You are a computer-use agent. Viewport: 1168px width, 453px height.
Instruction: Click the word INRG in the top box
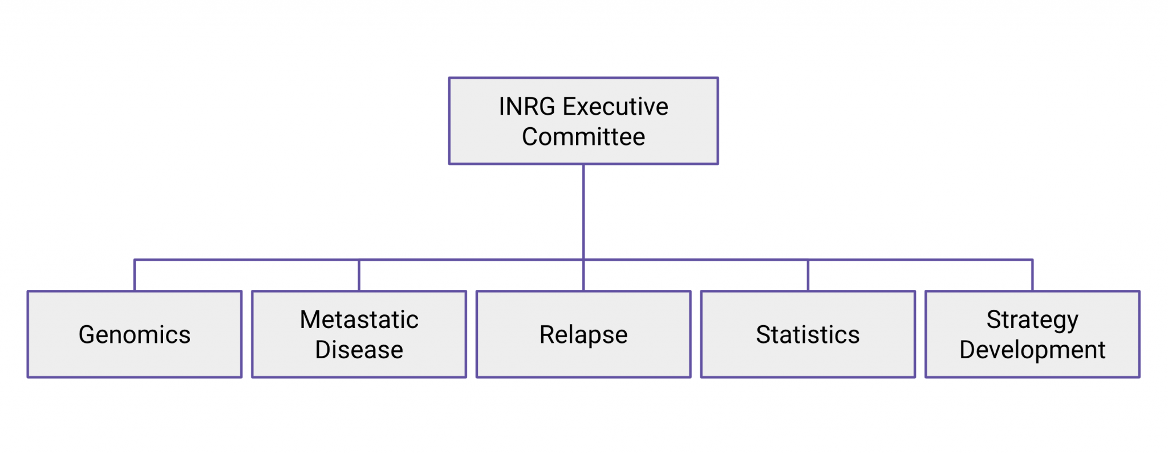coord(526,107)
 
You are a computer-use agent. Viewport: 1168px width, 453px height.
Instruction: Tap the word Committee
coord(583,137)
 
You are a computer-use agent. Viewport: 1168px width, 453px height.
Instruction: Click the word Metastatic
coord(359,320)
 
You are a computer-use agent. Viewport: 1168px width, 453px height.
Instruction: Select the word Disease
coord(359,350)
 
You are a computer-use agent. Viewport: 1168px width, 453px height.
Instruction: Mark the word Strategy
coord(1032,320)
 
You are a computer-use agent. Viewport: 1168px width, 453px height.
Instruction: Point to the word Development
coord(1032,350)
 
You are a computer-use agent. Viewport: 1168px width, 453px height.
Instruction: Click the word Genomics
coord(135,335)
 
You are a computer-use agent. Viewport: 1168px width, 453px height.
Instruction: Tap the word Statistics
coord(808,335)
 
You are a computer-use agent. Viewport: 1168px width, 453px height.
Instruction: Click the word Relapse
coord(583,335)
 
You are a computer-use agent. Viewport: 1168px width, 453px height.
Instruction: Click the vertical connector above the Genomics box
coord(135,276)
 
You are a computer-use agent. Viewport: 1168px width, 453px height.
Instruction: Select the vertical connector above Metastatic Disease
coord(359,276)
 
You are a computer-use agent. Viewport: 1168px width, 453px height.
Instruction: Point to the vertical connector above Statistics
coord(808,276)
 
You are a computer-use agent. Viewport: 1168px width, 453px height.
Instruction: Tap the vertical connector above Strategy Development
coord(1032,276)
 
